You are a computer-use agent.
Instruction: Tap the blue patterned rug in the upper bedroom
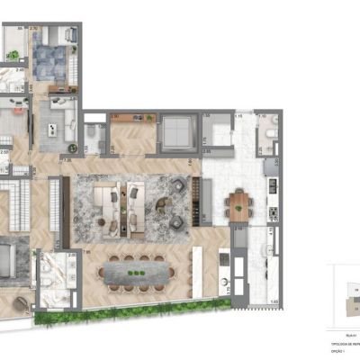coord(51,64)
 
